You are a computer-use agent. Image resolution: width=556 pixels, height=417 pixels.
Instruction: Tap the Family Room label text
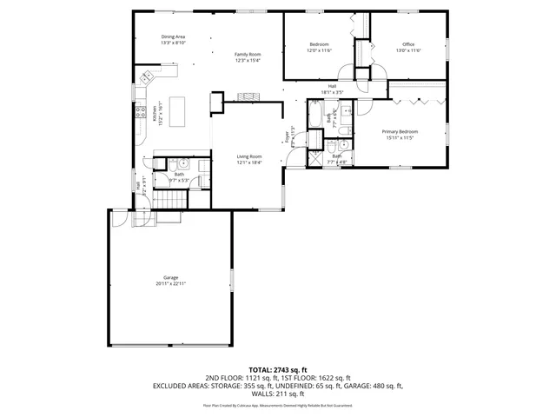(248, 54)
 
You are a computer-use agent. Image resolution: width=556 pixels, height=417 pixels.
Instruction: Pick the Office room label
(408, 44)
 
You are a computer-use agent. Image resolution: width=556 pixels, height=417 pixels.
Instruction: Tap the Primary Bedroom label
(402, 131)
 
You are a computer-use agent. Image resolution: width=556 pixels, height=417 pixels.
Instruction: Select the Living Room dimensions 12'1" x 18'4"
(249, 162)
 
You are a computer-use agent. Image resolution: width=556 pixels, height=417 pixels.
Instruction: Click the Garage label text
(170, 277)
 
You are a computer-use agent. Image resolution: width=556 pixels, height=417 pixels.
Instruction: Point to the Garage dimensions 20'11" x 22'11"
(170, 283)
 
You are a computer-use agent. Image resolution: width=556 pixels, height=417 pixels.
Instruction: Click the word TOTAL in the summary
(262, 369)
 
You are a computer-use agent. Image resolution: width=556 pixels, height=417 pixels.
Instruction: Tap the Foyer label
(286, 136)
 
